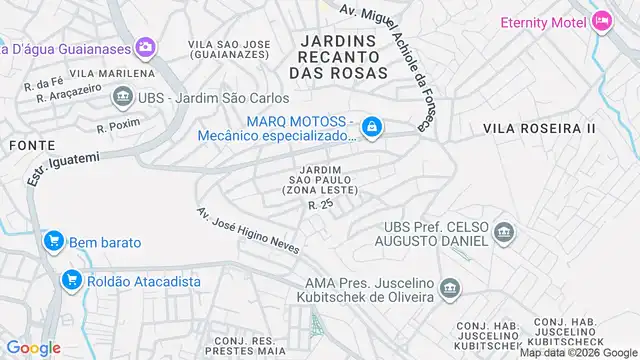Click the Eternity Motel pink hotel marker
pos(601,20)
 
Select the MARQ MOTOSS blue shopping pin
pos(371,126)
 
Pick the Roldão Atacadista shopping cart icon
pos(70,281)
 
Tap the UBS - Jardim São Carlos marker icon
pos(123,97)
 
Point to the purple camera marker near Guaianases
pos(146,46)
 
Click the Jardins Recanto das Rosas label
pos(337,56)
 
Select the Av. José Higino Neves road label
pos(245,231)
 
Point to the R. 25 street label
pos(320,204)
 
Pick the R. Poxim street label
pos(115,128)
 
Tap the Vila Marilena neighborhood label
pos(112,74)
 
